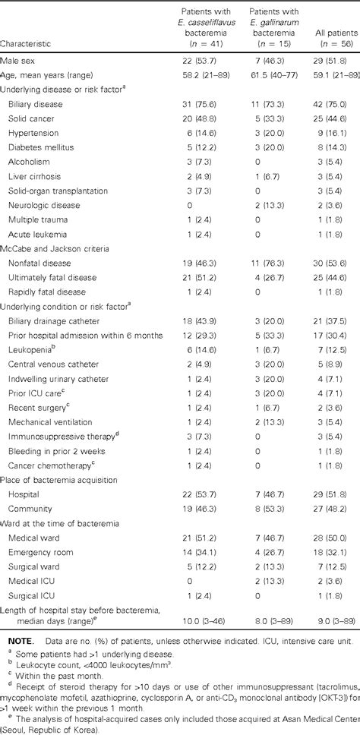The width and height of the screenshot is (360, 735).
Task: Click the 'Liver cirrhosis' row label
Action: point(31,175)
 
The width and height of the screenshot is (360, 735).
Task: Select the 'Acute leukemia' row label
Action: point(33,229)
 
